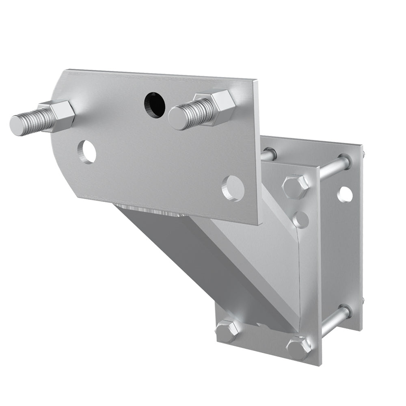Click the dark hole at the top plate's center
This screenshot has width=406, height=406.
click(154, 104)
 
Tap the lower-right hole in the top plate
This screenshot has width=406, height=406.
click(233, 188)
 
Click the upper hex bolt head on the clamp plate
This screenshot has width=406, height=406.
click(296, 186)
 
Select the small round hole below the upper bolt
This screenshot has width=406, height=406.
click(301, 219)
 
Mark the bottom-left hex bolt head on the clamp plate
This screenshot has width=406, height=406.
click(227, 330)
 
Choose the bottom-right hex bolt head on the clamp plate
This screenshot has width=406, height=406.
click(299, 348)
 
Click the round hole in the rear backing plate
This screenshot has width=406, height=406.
click(345, 194)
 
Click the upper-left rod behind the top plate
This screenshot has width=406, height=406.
click(268, 154)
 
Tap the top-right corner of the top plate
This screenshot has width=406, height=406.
click(257, 81)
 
